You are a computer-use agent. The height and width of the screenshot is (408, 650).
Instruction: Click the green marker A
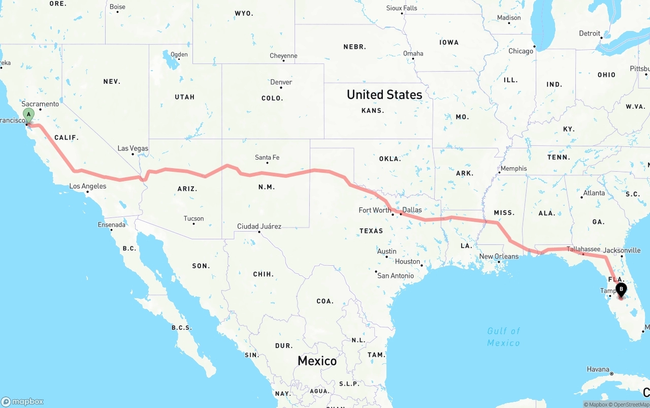(x=29, y=114)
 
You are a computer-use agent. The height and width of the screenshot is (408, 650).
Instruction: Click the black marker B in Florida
(x=621, y=289)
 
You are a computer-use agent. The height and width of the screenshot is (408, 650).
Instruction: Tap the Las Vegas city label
(x=133, y=148)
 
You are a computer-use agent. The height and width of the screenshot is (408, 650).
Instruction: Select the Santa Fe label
(x=267, y=158)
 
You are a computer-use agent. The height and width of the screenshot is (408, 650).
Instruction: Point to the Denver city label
(x=281, y=82)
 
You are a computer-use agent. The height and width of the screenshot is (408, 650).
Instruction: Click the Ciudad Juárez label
(x=259, y=226)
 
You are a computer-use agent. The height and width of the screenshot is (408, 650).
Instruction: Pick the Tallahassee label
(x=583, y=249)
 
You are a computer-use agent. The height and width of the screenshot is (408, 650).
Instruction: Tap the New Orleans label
(x=499, y=256)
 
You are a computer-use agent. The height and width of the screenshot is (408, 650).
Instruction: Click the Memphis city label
(x=513, y=168)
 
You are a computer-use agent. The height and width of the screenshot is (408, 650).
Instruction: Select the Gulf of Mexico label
(x=504, y=337)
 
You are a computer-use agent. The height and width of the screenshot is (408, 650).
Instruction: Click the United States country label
(x=384, y=95)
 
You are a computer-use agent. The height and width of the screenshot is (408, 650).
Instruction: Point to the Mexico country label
(x=317, y=361)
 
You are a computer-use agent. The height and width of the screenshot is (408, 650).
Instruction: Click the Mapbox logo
(x=22, y=401)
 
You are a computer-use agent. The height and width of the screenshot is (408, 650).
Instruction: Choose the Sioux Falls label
(x=402, y=8)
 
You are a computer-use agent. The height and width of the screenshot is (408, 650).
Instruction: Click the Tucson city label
(x=193, y=218)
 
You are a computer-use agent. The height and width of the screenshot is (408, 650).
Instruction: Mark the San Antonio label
(x=396, y=275)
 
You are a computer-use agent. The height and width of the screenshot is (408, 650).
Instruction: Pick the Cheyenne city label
(x=283, y=56)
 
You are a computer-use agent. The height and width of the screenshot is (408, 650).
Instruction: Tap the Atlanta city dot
(x=580, y=197)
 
